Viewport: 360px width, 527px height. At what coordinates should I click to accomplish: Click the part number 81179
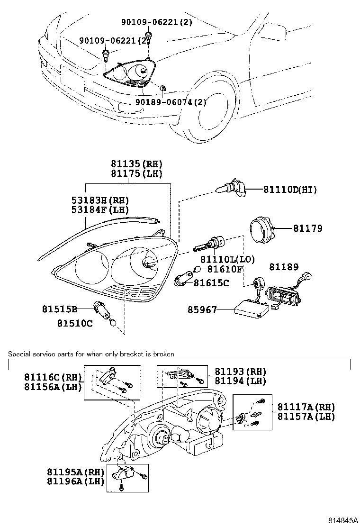[x=307, y=229]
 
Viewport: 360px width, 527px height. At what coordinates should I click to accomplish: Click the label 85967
[x=202, y=310]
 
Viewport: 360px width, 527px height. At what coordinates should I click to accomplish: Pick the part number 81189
[x=284, y=268]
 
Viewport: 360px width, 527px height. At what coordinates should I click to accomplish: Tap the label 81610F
[x=225, y=270]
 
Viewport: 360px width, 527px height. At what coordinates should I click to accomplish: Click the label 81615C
[x=211, y=283]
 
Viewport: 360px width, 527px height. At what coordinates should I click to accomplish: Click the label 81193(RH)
[x=240, y=372]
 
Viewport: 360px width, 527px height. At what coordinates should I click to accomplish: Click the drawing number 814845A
[x=341, y=520]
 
